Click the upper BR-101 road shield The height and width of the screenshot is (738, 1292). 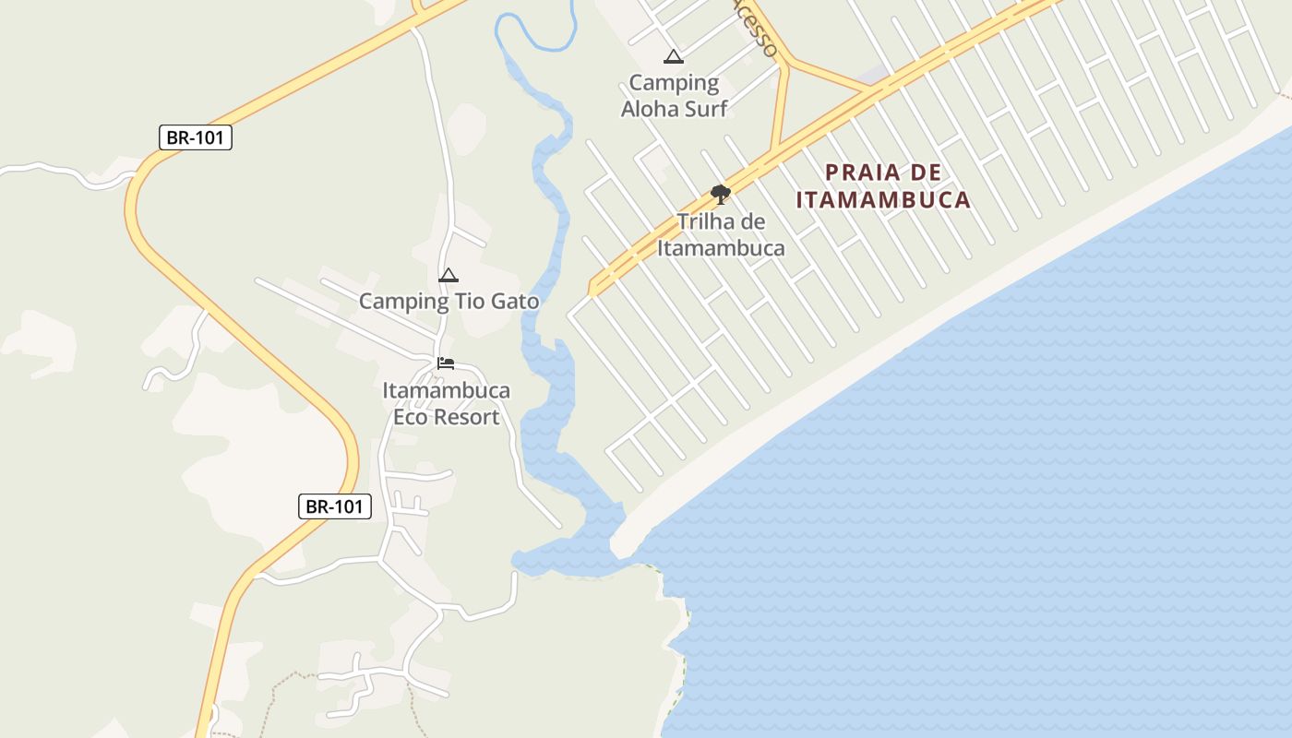[195, 137]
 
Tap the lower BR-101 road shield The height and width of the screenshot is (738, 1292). [334, 506]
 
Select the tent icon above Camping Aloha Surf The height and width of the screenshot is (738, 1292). [674, 57]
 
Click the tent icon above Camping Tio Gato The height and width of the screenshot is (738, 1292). [449, 276]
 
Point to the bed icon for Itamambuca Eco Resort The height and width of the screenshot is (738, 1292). [446, 363]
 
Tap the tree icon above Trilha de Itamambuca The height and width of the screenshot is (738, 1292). [721, 195]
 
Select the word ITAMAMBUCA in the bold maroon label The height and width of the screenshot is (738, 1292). [883, 199]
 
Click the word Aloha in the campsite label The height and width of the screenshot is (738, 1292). [649, 109]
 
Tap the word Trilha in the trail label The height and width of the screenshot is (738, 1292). [702, 222]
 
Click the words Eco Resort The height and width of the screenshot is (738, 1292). [446, 417]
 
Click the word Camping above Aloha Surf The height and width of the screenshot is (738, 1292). [674, 83]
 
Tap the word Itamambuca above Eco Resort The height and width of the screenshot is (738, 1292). [446, 390]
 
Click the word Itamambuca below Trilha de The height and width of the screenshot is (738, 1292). [721, 248]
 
